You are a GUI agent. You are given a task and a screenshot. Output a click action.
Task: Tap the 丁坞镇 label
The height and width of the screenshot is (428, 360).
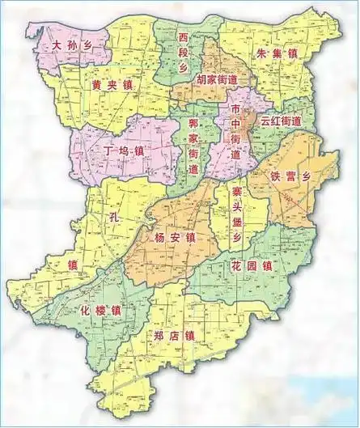click(125, 150)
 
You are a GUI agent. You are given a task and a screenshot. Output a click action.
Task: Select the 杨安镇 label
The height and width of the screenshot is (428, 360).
click(173, 238)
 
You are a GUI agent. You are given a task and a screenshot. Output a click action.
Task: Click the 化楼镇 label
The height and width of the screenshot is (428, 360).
click(101, 311)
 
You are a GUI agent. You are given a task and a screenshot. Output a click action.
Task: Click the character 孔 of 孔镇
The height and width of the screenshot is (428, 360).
click(114, 218)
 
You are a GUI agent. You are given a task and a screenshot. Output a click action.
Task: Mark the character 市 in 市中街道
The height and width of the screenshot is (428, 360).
click(235, 108)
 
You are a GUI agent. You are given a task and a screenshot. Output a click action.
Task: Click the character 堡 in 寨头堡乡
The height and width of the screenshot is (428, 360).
click(236, 222)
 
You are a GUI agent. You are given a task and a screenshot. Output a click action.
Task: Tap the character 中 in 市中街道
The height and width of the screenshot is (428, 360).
click(235, 124)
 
